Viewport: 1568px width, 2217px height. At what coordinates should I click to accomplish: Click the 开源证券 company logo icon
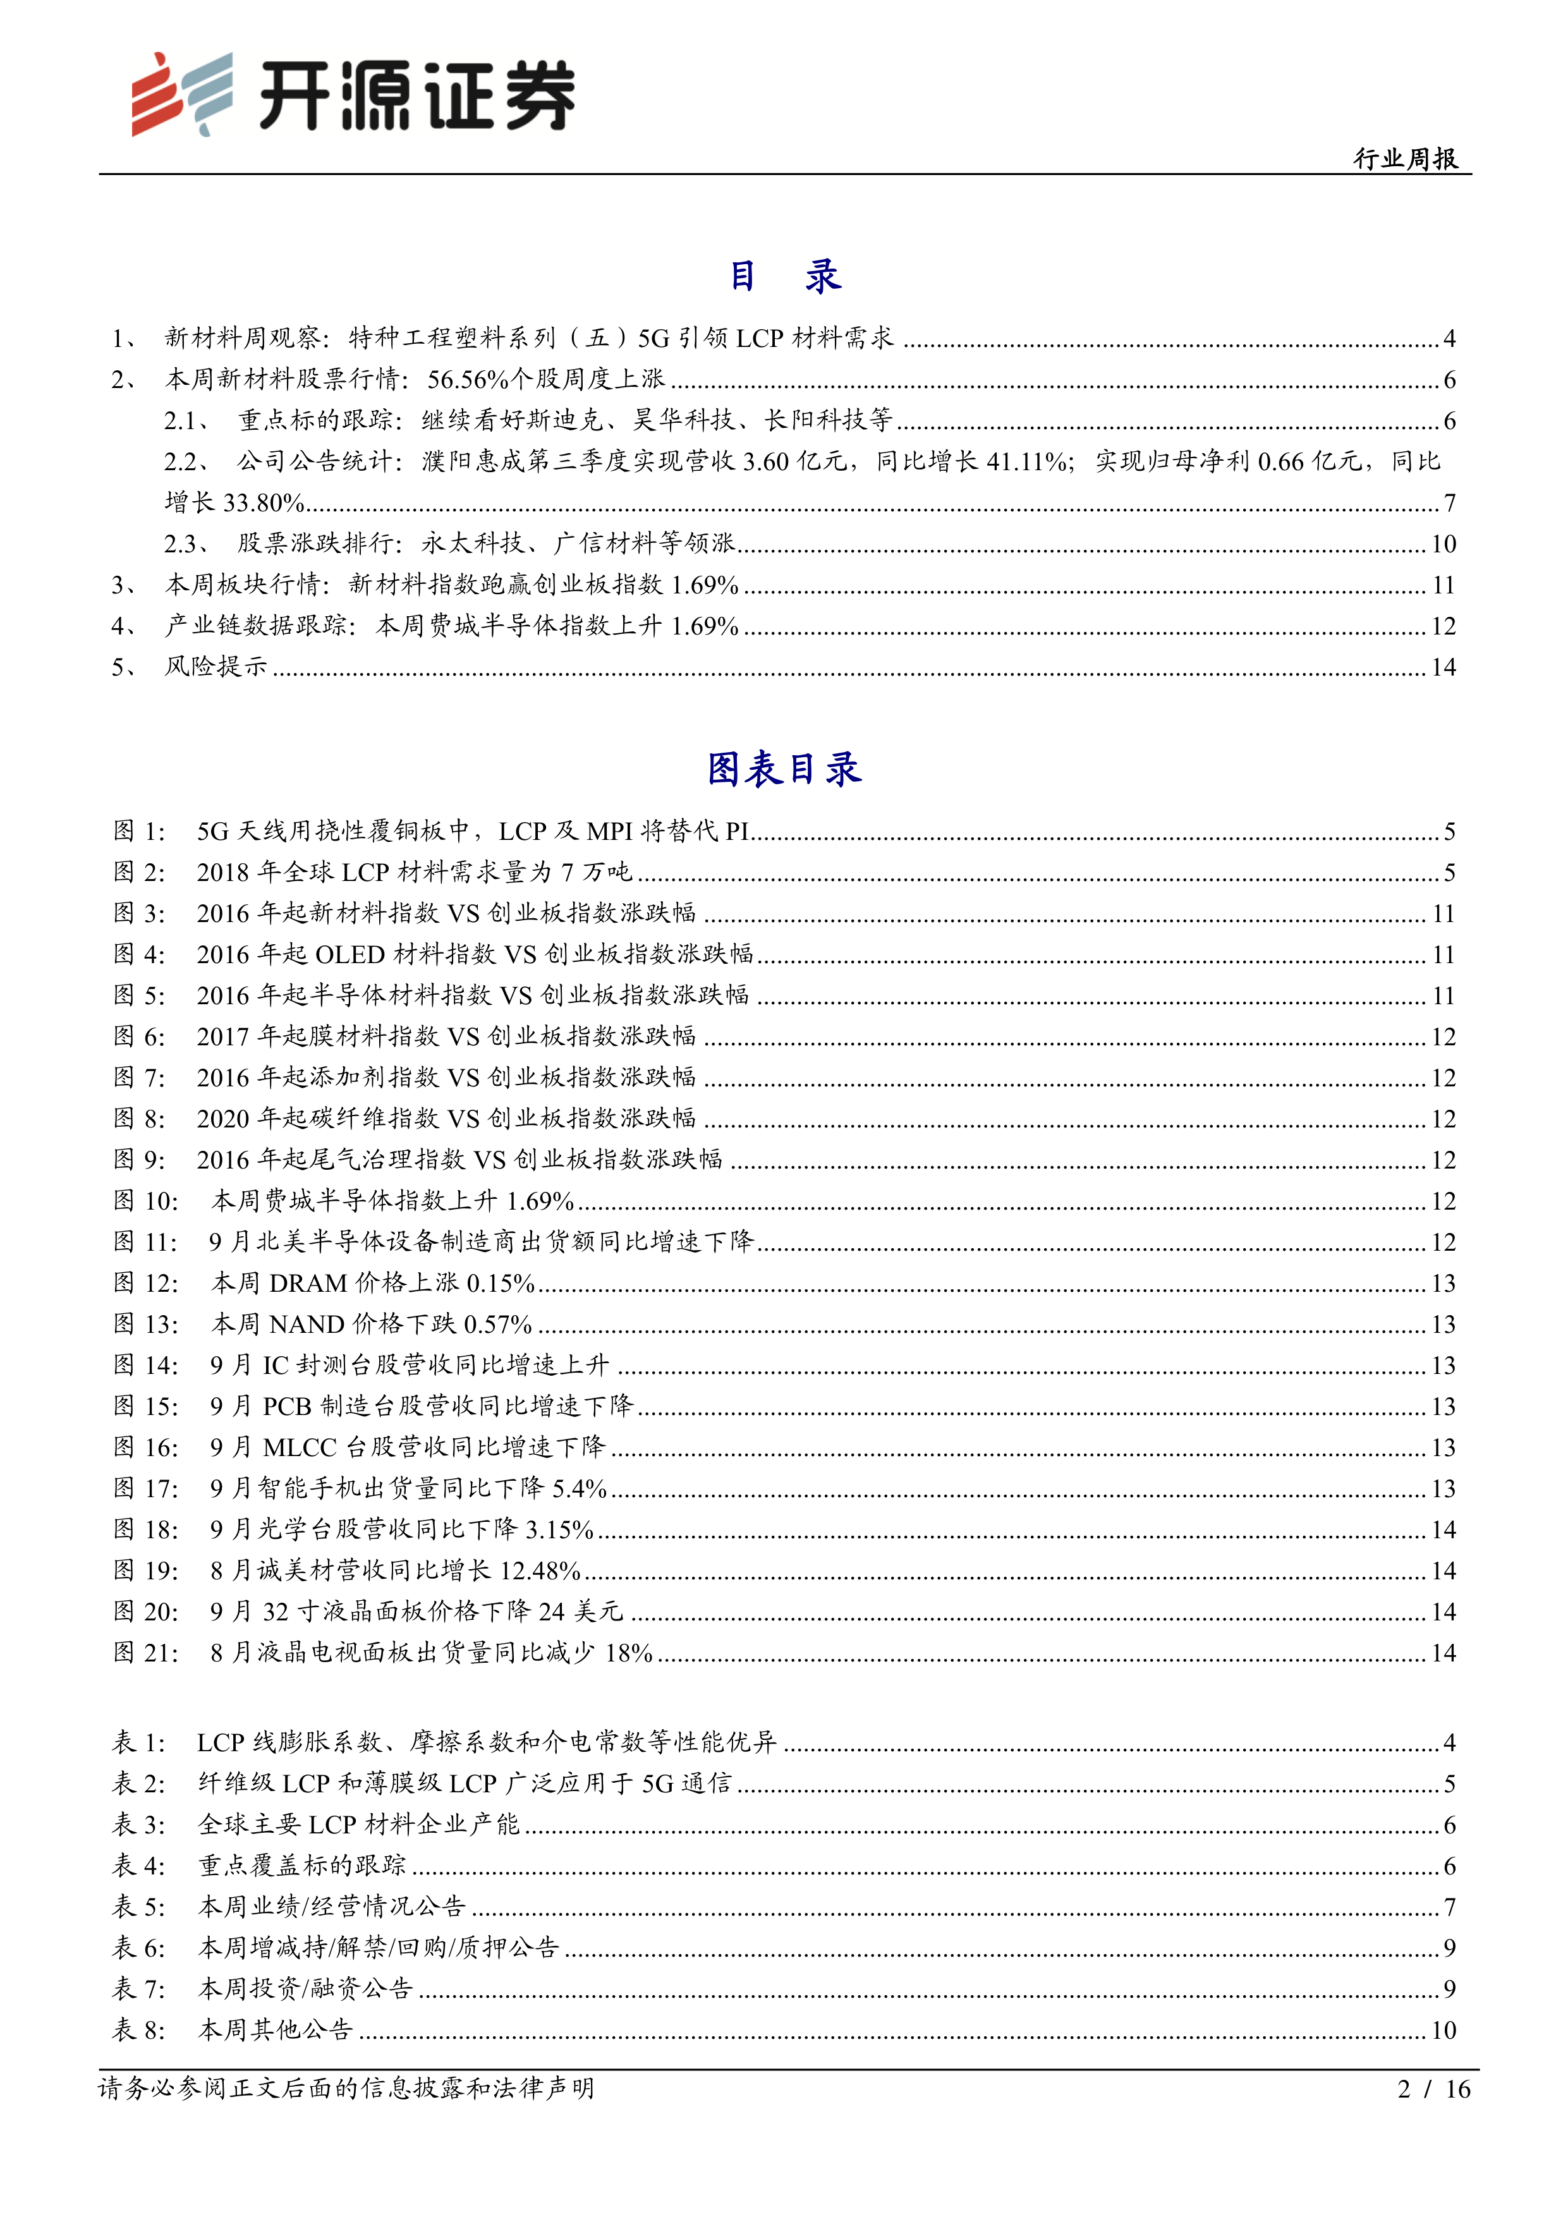181,94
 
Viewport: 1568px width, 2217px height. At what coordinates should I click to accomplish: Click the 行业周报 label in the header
1405,159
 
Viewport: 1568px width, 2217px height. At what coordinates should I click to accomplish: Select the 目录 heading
784,277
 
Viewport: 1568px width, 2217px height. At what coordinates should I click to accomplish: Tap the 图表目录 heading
784,770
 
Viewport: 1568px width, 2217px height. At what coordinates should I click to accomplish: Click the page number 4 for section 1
1449,339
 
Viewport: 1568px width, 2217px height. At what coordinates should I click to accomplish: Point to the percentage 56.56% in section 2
467,379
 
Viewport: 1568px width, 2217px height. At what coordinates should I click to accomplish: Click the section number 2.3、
187,544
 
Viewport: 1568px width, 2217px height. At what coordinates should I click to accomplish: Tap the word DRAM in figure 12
307,1284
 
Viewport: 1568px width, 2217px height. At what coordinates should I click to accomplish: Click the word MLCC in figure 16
300,1447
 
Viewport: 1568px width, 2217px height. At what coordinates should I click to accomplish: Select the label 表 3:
139,1825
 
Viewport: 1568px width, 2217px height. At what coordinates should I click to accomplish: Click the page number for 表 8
1442,2030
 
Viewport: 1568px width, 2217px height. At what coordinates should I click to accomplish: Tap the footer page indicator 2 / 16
1433,2089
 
